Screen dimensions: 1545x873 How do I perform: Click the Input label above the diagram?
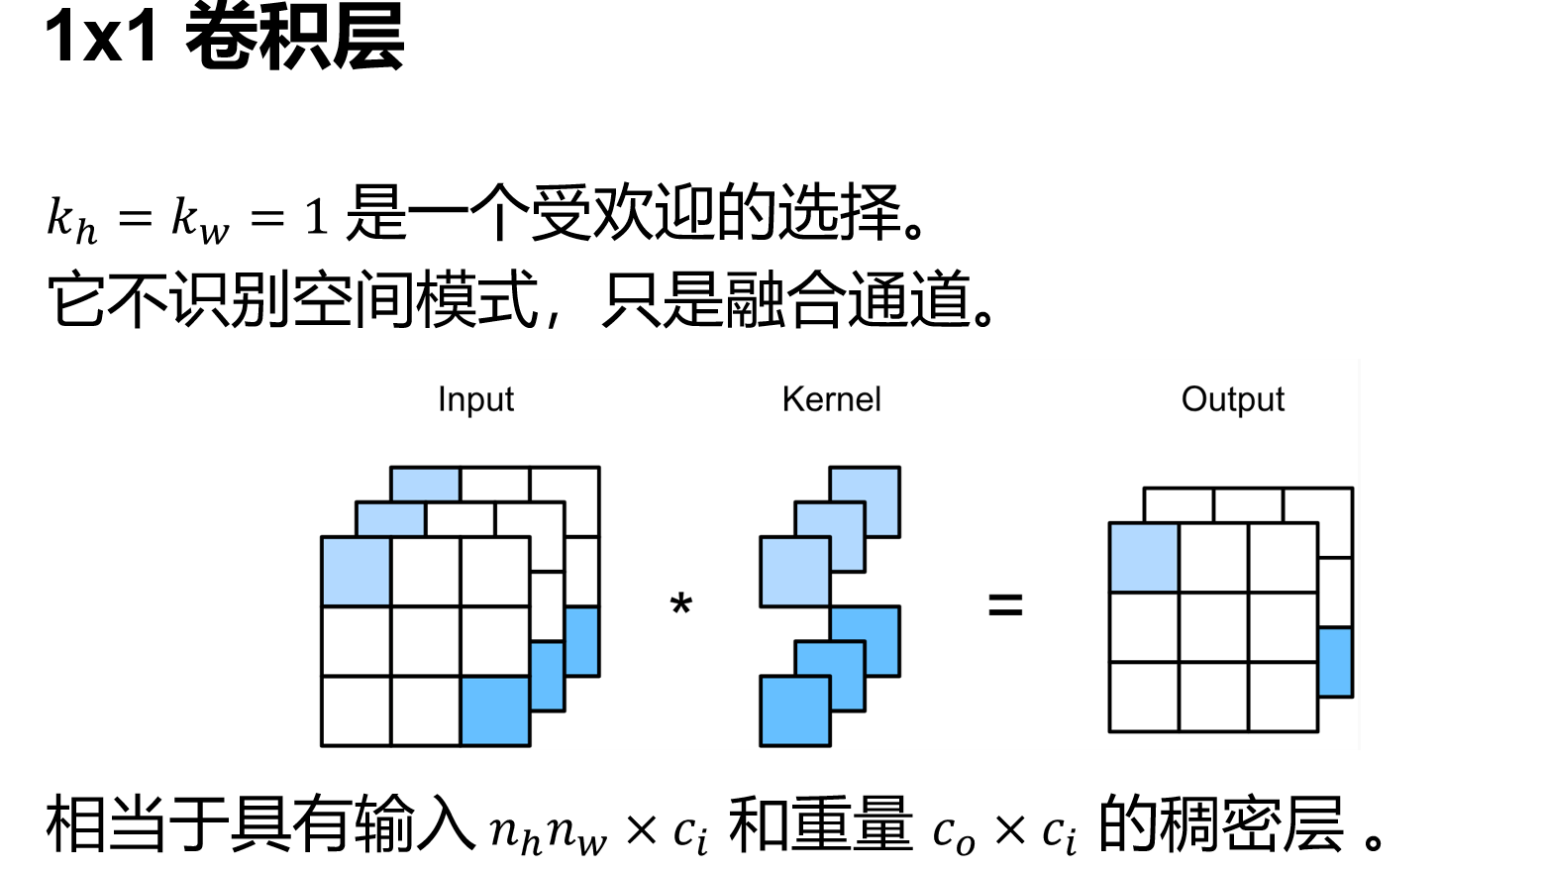coord(475,399)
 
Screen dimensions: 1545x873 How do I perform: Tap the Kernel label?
coord(831,399)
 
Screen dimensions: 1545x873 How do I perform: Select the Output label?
coord(1232,399)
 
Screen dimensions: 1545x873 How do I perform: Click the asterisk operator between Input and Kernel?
coord(681,603)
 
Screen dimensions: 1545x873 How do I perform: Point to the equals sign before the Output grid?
coord(1005,604)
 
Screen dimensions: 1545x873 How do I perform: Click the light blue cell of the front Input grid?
coord(357,571)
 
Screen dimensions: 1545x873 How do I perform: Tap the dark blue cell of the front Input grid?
coord(495,710)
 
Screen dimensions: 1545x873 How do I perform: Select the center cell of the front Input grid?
coord(426,641)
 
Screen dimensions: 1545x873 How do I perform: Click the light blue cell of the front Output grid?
coord(1144,558)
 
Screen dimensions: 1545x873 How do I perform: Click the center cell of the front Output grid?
coord(1214,627)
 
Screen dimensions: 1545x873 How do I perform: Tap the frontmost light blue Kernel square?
coord(794,572)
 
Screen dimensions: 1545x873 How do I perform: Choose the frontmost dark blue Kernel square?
coord(794,710)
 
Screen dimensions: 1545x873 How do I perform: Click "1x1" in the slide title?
coord(102,37)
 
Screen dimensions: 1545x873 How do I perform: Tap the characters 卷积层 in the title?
coord(295,37)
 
